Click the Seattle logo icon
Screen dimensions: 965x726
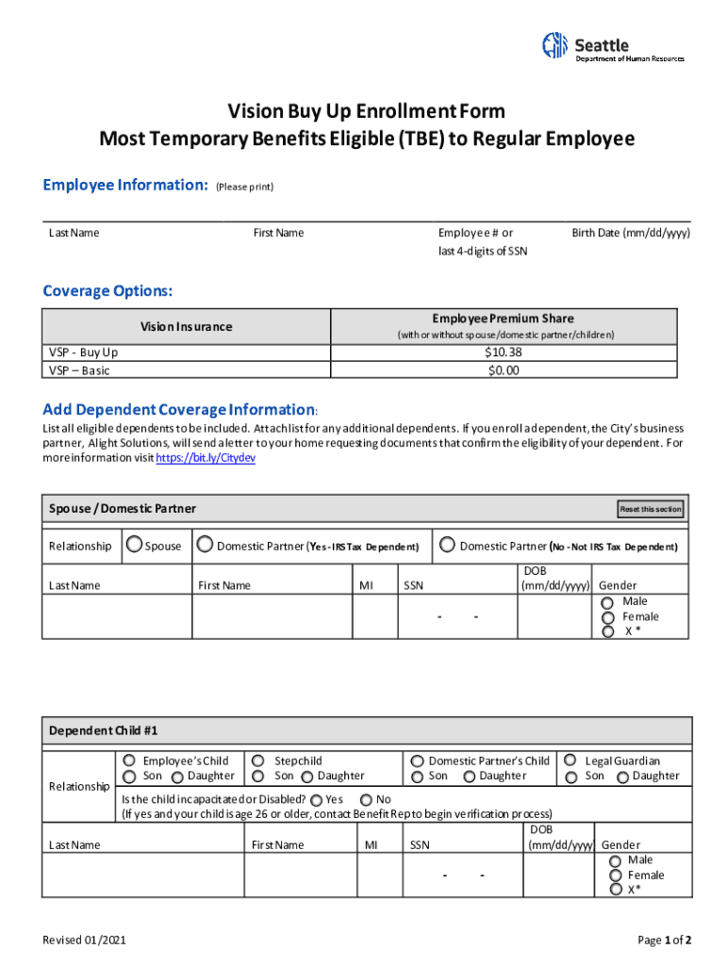click(555, 44)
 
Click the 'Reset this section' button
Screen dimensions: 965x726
click(650, 509)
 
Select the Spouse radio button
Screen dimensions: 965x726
click(135, 545)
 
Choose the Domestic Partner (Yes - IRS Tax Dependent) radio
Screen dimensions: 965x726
click(205, 545)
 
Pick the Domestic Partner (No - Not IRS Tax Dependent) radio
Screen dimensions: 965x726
click(447, 545)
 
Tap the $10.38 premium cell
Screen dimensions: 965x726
click(503, 352)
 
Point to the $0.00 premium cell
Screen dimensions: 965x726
click(503, 370)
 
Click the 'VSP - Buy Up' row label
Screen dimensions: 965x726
click(84, 352)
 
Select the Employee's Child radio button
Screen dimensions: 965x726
click(128, 760)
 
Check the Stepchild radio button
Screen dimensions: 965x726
click(258, 760)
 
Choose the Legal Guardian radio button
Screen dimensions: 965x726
click(569, 760)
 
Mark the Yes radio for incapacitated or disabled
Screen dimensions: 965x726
click(315, 799)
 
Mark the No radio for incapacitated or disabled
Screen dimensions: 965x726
click(366, 799)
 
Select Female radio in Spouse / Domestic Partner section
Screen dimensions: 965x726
click(607, 617)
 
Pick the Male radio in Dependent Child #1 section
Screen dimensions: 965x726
click(616, 860)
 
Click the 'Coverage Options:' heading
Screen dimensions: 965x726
click(107, 290)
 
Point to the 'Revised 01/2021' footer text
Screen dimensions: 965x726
click(85, 940)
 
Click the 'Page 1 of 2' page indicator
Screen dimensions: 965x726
click(665, 940)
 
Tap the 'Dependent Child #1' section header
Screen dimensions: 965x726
click(97, 730)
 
